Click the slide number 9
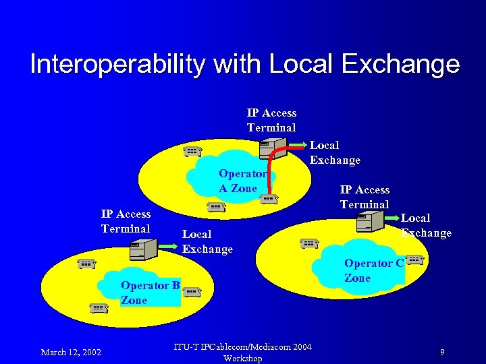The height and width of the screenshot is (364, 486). pos(441,352)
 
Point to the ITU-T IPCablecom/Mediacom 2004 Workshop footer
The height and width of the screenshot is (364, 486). pos(242,353)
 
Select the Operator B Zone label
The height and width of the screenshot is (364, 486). pos(150,293)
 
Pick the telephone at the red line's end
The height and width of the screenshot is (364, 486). pos(269,198)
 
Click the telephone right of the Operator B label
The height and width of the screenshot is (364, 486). pos(192,291)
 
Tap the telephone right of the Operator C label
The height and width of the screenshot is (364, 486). pos(415,260)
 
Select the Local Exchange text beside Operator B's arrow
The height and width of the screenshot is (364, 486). pos(207,241)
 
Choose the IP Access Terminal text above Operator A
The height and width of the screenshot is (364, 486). pos(271,120)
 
